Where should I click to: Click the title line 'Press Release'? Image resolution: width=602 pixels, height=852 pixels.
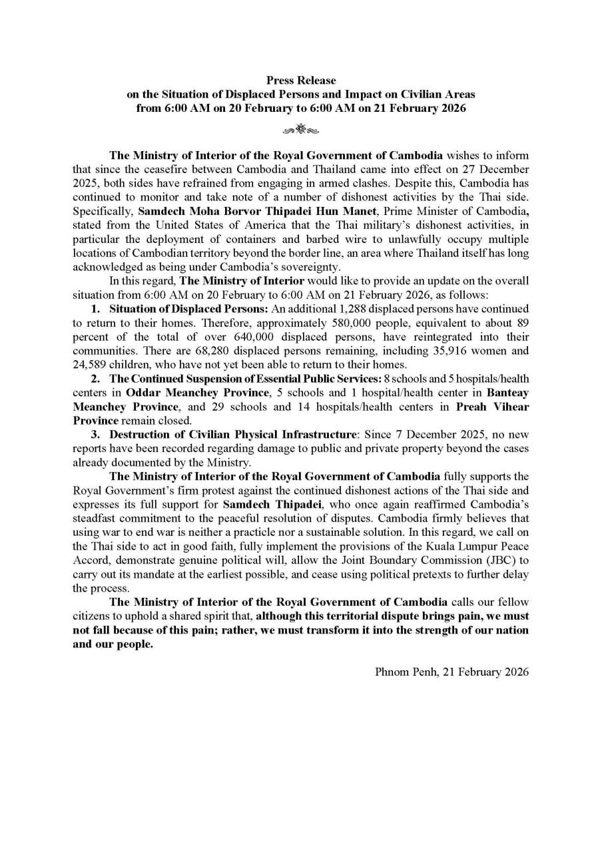coord(301,81)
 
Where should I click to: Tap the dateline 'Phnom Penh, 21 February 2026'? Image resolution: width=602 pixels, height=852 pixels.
coord(452,671)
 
